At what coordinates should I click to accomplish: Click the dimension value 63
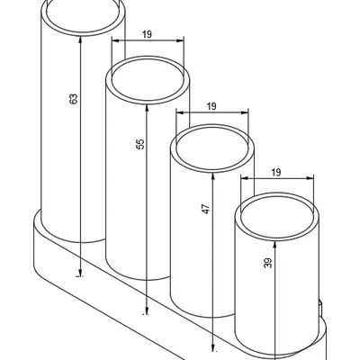(x=74, y=99)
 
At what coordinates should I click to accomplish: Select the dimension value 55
(x=140, y=144)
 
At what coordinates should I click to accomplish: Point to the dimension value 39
(x=268, y=263)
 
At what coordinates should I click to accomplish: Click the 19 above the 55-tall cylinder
(x=147, y=34)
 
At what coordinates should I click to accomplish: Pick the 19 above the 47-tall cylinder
(x=211, y=106)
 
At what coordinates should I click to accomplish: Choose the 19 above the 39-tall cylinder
(x=276, y=172)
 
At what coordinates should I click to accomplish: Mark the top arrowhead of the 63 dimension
(x=80, y=39)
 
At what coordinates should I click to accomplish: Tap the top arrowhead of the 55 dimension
(x=147, y=108)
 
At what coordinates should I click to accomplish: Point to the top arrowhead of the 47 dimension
(x=212, y=176)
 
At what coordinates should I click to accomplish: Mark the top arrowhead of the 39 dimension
(x=274, y=245)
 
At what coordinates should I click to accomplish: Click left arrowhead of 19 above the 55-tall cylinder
(x=115, y=40)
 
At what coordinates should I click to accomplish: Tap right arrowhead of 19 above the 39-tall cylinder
(x=310, y=178)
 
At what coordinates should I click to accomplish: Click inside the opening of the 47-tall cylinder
(x=212, y=148)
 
